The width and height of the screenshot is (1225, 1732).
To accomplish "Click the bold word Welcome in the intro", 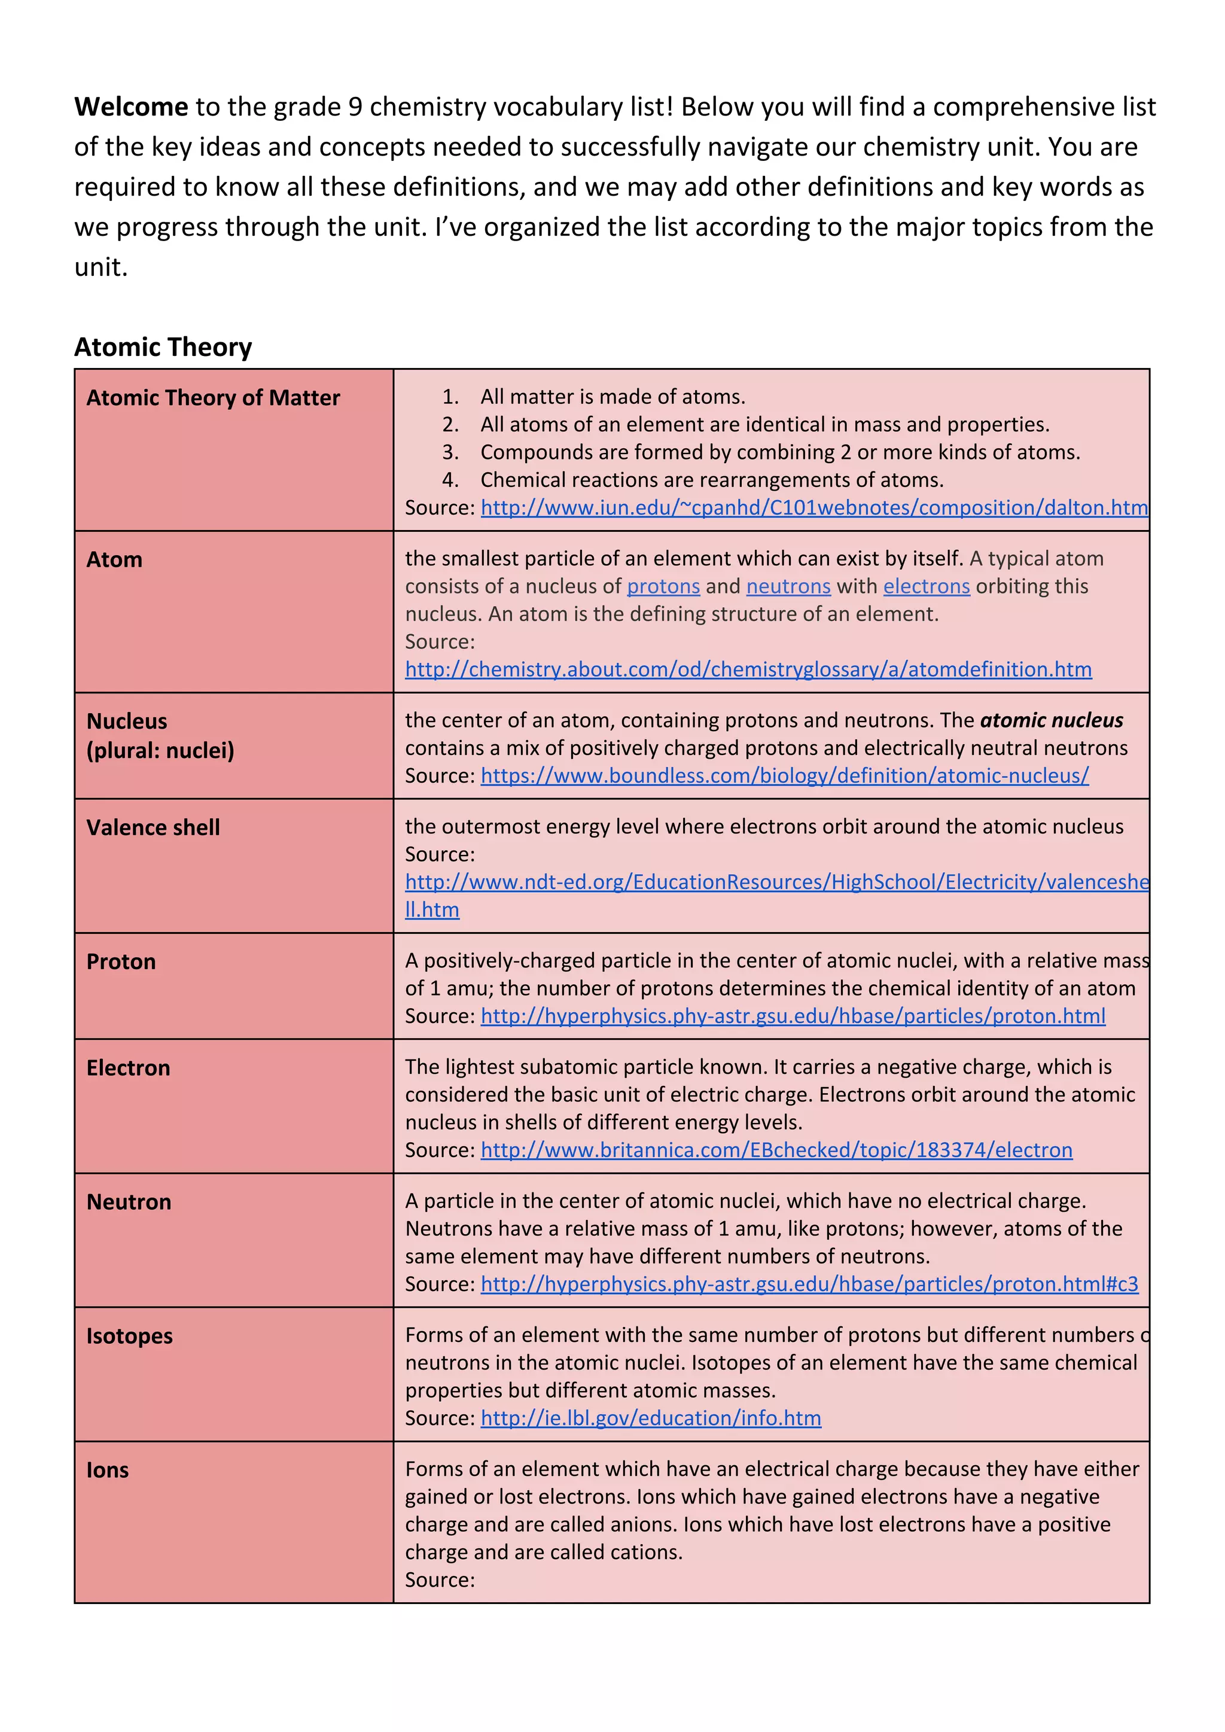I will [130, 107].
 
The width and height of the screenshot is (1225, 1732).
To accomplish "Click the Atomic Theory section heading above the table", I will [163, 347].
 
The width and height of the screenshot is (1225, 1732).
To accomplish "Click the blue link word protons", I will [663, 586].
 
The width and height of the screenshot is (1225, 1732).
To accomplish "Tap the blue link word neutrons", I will [788, 586].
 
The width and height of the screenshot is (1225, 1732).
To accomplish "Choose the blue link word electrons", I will [927, 586].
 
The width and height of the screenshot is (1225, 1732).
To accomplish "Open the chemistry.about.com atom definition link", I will [748, 669].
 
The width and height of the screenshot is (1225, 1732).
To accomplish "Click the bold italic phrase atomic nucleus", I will [1051, 720].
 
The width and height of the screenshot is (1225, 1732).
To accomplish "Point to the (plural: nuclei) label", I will [160, 751].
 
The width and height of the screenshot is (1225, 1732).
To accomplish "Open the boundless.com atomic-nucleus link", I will [785, 775].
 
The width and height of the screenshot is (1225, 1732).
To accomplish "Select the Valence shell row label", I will [153, 827].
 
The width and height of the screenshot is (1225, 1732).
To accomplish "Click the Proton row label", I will [121, 962].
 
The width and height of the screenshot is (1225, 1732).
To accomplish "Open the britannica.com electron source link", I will [776, 1150].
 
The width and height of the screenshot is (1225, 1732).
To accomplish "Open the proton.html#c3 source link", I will [809, 1284].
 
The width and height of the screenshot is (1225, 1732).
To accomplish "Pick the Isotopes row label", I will [129, 1336].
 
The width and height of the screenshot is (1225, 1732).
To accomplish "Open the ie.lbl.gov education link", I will [650, 1418].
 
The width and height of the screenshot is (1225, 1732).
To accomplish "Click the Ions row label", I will [107, 1470].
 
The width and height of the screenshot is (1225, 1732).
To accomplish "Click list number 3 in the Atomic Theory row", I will [450, 453].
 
